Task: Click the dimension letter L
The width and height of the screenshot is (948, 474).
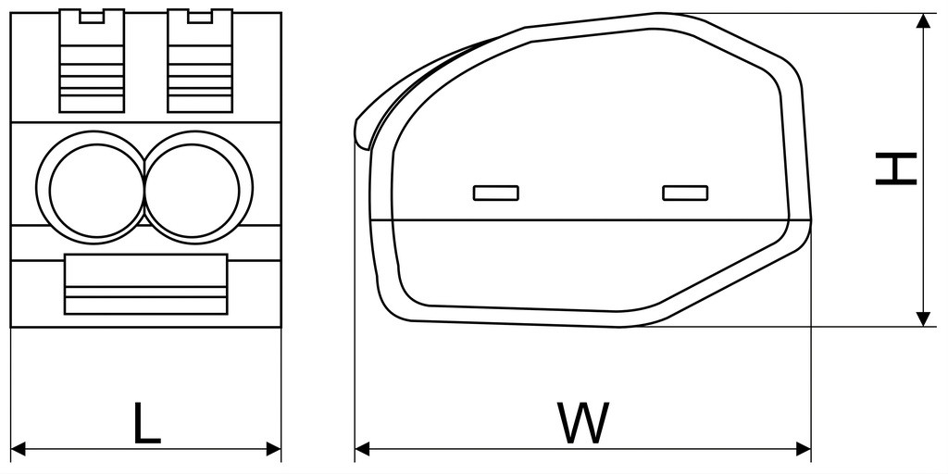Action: [x=147, y=422]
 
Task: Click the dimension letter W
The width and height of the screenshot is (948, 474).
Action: [x=583, y=422]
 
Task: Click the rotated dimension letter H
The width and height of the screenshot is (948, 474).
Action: [x=896, y=168]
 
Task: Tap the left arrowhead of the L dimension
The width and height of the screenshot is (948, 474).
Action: [x=19, y=449]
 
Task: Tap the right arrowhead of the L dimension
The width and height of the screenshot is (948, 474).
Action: [x=274, y=449]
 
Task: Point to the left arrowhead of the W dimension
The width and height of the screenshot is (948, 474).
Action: [x=362, y=449]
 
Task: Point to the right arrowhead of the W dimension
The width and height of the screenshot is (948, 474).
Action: [x=804, y=449]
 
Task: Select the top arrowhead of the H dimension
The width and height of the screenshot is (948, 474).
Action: [x=923, y=20]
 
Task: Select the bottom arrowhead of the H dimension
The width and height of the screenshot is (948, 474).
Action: [x=923, y=319]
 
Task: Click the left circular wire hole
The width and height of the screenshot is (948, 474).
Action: [x=91, y=187]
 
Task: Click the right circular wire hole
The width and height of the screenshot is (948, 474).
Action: [x=198, y=187]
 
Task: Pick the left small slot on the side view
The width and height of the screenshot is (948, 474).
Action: [x=496, y=193]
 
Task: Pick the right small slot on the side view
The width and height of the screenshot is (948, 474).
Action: [x=685, y=193]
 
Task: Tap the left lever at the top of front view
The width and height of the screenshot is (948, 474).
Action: [x=92, y=60]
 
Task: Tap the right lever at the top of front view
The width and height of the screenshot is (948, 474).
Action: [x=200, y=60]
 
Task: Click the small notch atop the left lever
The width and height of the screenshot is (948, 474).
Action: [x=92, y=16]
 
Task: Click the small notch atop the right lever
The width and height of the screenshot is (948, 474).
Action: [x=200, y=16]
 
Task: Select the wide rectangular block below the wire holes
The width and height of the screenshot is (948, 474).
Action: [x=145, y=284]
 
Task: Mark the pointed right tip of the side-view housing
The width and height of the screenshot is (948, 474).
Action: [x=811, y=220]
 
